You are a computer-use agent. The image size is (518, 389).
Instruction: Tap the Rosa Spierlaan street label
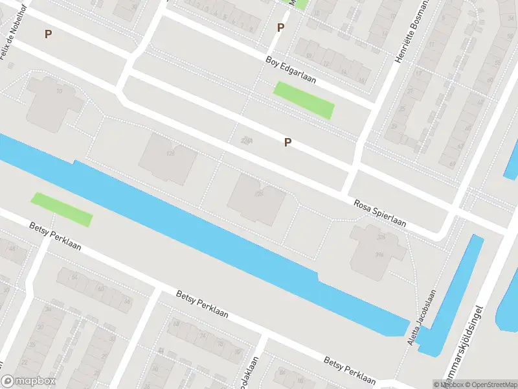379,213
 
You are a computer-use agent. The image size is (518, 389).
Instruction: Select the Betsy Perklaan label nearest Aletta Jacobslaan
350,369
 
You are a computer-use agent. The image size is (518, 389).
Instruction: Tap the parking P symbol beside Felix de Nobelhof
48,34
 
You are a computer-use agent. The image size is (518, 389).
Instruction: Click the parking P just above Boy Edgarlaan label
280,27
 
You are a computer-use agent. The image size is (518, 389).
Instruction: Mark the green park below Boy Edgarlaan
304,100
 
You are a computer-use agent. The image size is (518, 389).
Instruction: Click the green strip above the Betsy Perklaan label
62,209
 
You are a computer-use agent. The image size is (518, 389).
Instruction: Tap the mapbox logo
28,381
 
